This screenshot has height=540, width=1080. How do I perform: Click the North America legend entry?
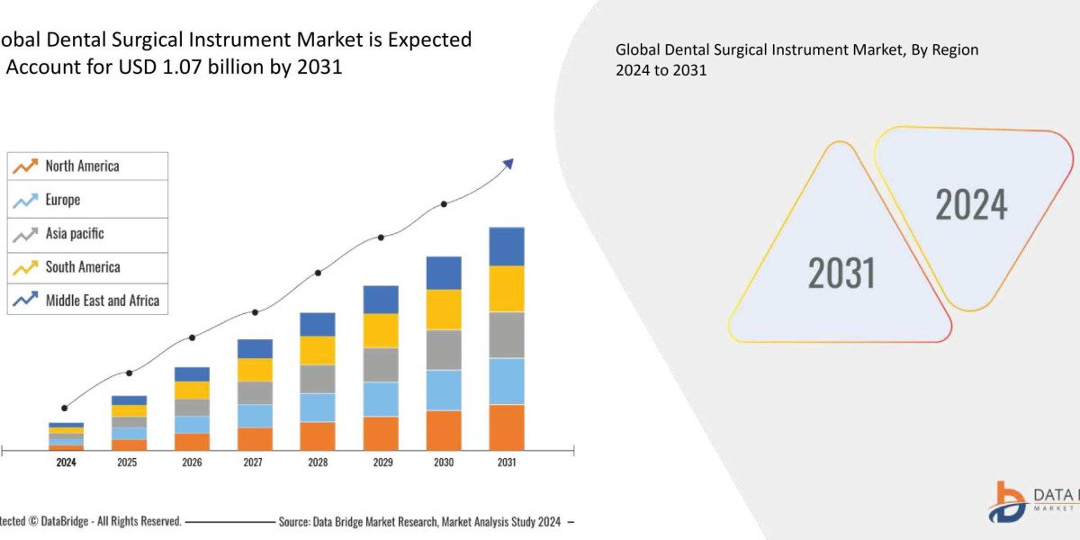click(x=82, y=166)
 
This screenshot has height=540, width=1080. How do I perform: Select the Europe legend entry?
click(x=62, y=200)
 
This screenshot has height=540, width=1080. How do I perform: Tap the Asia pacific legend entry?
click(x=75, y=234)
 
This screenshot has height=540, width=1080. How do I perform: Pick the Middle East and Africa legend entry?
click(x=102, y=301)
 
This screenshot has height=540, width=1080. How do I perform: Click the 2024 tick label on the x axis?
click(x=66, y=463)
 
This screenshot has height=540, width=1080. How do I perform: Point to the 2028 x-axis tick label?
click(x=318, y=463)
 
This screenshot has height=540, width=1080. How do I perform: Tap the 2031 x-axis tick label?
click(x=507, y=463)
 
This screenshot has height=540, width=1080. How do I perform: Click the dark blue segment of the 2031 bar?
click(x=507, y=247)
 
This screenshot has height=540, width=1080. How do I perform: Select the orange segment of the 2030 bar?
click(x=444, y=430)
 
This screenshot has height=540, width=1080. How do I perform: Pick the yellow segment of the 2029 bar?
click(x=381, y=330)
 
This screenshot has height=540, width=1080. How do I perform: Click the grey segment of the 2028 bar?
click(x=318, y=379)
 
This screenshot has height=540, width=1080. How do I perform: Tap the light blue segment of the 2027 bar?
click(x=255, y=416)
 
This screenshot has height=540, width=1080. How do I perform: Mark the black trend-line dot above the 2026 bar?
click(x=192, y=337)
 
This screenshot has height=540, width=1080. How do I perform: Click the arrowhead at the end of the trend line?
click(x=508, y=164)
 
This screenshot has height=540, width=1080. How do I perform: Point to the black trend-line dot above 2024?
click(x=64, y=408)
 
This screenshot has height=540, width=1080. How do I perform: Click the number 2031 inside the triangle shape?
click(x=841, y=273)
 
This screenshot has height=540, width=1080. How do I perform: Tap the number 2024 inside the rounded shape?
click(x=971, y=205)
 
